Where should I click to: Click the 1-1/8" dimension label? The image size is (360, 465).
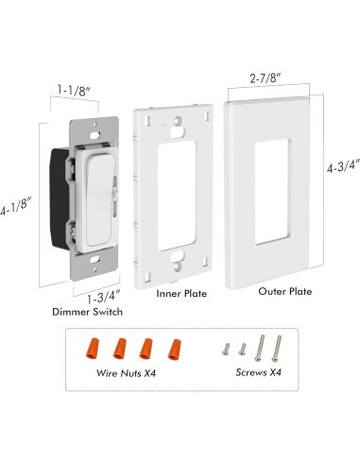click(x=74, y=90)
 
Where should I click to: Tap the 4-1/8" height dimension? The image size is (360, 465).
click(x=16, y=207)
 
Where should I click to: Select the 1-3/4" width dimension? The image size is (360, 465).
click(x=104, y=298)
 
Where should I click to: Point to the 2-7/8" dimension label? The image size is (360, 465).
click(x=266, y=77)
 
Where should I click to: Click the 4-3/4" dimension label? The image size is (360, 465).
click(x=343, y=165)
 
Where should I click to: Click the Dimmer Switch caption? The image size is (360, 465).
click(x=87, y=312)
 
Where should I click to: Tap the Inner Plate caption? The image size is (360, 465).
click(x=181, y=294)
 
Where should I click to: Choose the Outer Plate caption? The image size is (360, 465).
click(x=285, y=291)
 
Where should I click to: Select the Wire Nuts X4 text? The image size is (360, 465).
click(x=126, y=373)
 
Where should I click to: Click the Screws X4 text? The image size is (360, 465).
click(x=258, y=372)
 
